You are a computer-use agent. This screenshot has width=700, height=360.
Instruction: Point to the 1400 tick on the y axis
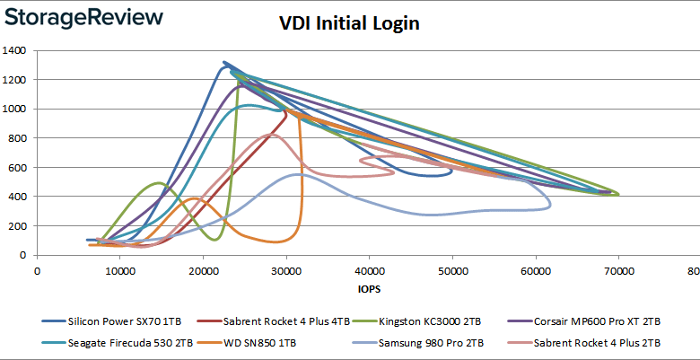pyautogui.click(x=17, y=50)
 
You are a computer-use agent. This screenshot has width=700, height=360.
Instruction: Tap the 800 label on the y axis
pyautogui.click(x=20, y=138)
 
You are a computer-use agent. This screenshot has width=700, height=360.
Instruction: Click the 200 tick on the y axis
pyautogui.click(x=20, y=226)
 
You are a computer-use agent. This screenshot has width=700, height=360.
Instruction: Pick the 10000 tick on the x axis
pyautogui.click(x=119, y=268)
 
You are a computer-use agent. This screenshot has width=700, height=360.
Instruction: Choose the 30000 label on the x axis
pyautogui.click(x=285, y=268)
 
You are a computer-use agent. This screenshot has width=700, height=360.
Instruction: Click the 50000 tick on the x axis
pyautogui.click(x=451, y=268)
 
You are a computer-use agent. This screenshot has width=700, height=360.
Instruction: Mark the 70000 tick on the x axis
pyautogui.click(x=617, y=268)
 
